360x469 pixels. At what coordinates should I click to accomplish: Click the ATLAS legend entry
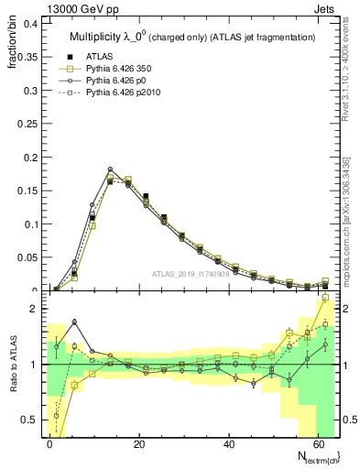click(x=93, y=57)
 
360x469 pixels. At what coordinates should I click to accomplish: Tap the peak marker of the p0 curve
click(x=110, y=169)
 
